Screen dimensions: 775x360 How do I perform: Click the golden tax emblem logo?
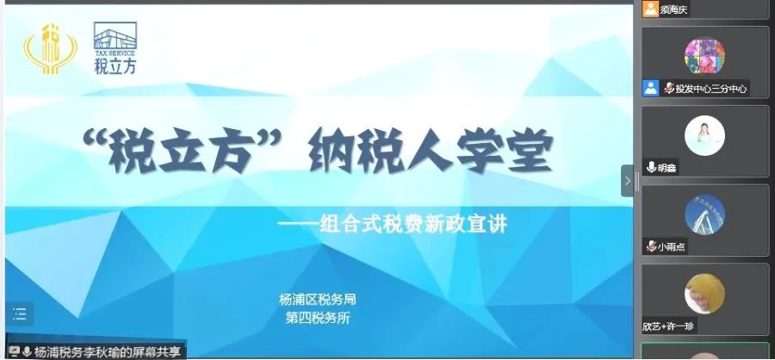[x=50, y=49]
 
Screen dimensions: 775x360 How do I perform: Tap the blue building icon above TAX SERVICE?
[x=115, y=35]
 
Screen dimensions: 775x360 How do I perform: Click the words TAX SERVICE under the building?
[x=115, y=53]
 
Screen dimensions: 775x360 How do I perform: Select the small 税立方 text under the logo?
[x=115, y=65]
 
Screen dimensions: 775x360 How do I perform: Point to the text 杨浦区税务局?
[x=318, y=299]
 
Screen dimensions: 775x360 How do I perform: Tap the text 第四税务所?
[x=318, y=318]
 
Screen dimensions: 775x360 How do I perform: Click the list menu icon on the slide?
[x=20, y=314]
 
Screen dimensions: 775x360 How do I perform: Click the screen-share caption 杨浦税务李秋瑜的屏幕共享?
[x=108, y=351]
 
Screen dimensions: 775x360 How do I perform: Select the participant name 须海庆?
[x=674, y=9]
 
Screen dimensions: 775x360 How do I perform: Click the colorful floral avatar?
[x=704, y=56]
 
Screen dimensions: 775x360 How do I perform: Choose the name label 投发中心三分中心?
[x=711, y=89]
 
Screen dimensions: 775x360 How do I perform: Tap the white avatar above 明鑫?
[x=704, y=135]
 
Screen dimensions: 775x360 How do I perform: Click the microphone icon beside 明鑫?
[x=652, y=167]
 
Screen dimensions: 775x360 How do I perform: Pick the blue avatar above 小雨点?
[x=704, y=214]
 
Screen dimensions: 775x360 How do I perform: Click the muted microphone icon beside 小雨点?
[x=652, y=246]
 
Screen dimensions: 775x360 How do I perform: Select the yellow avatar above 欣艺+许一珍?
[x=704, y=294]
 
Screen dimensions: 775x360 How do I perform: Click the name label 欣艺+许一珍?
[x=668, y=326]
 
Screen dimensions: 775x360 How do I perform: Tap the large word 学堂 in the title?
[x=504, y=151]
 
